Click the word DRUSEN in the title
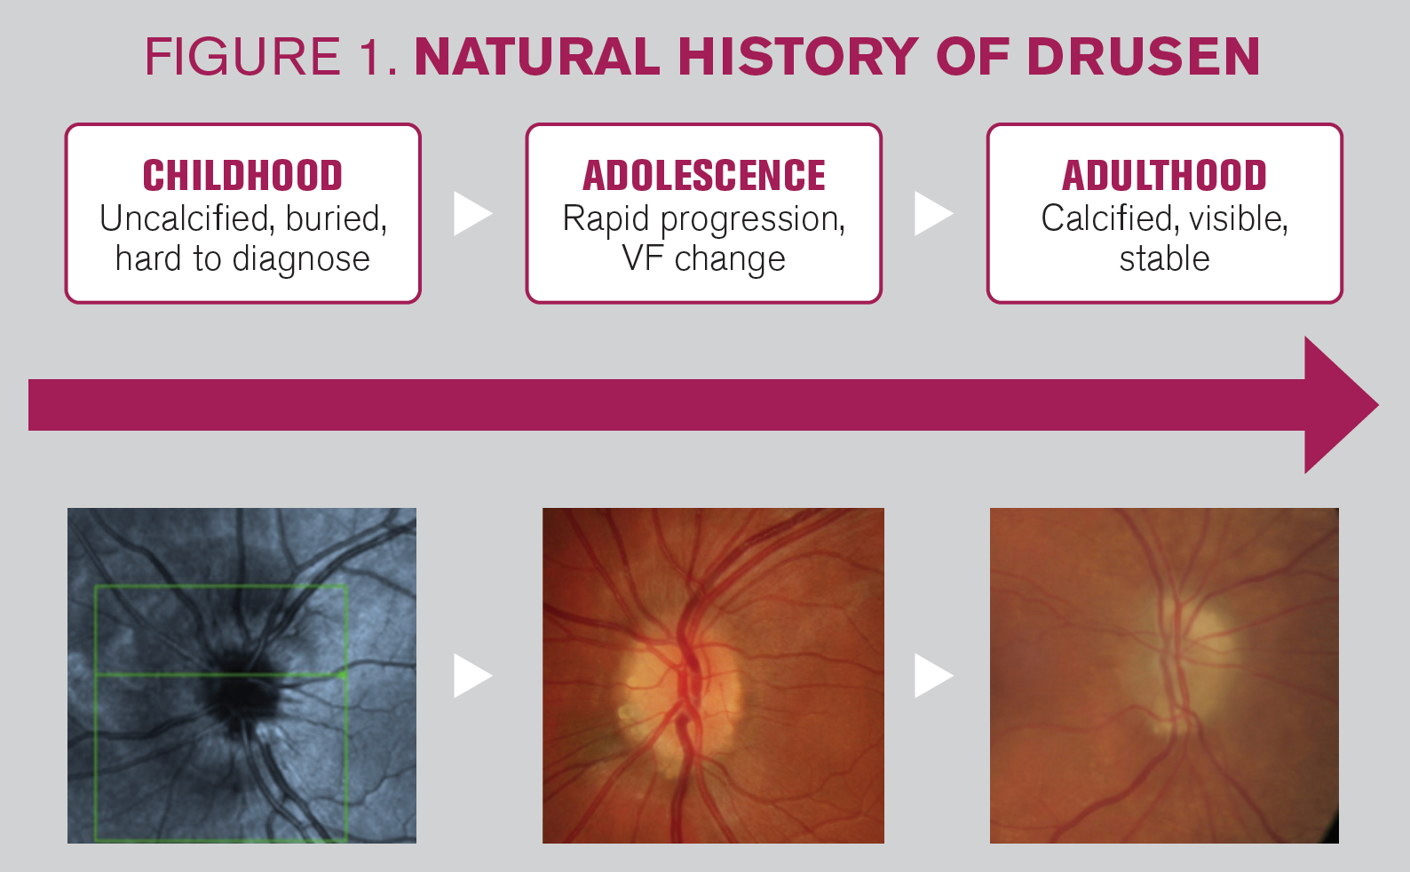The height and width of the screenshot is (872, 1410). point(1143,57)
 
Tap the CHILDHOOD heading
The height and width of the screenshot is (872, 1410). point(242,175)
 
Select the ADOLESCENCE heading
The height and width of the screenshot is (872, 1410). point(704,175)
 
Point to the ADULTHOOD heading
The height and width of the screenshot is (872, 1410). point(1165,175)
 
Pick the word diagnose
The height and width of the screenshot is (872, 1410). point(301,259)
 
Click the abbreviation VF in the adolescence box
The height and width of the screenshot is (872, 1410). point(644,258)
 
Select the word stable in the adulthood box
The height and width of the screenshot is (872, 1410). point(1165,258)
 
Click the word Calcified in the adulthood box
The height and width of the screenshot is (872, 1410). point(1106,218)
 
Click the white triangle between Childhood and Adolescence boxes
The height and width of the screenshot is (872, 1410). point(472,214)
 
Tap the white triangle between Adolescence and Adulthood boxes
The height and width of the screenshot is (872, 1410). point(933,214)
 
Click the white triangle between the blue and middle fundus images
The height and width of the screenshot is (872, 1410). point(472,676)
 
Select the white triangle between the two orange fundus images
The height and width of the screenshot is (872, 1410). point(933,676)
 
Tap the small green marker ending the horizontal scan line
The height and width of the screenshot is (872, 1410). point(342,675)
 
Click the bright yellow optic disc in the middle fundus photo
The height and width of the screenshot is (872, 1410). point(680,705)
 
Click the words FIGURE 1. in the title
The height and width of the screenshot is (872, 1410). point(272,57)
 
